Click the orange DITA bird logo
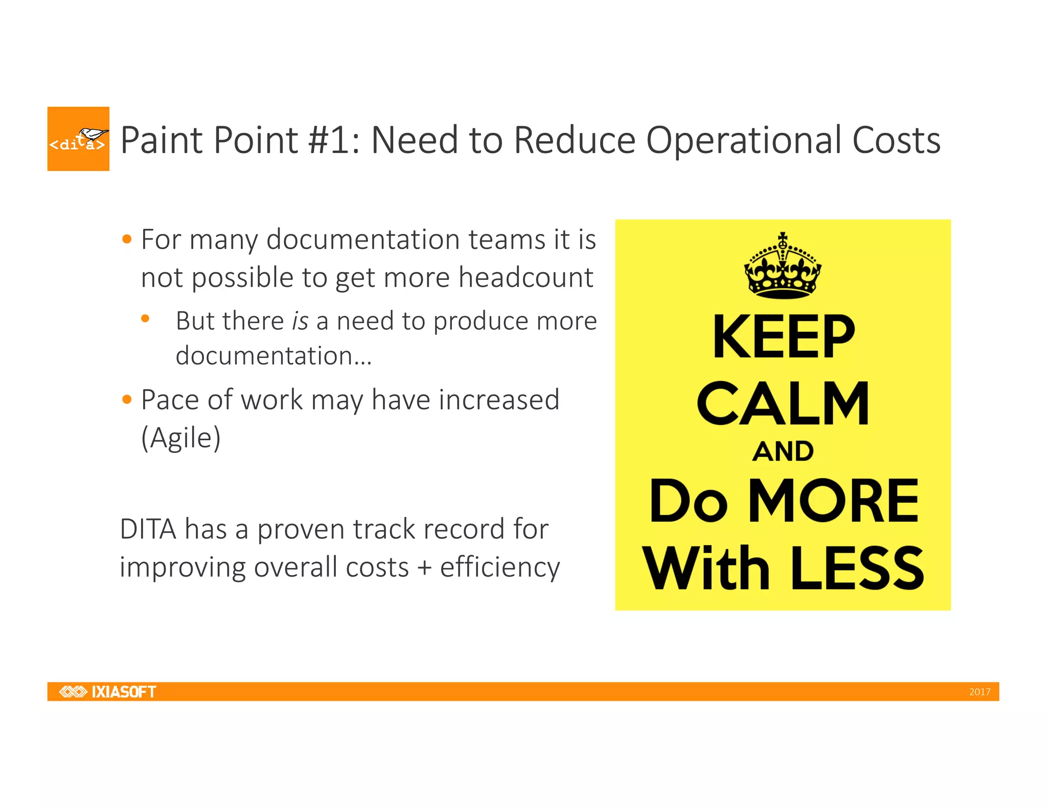78,139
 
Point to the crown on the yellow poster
782,267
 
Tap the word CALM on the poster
783,403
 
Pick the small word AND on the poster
783,451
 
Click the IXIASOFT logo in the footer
108,692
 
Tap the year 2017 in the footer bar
980,692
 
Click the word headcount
526,277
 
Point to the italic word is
300,321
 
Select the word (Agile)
181,438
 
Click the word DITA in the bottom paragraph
148,529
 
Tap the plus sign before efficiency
424,567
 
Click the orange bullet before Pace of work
127,399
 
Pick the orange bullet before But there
145,319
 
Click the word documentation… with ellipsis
274,356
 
